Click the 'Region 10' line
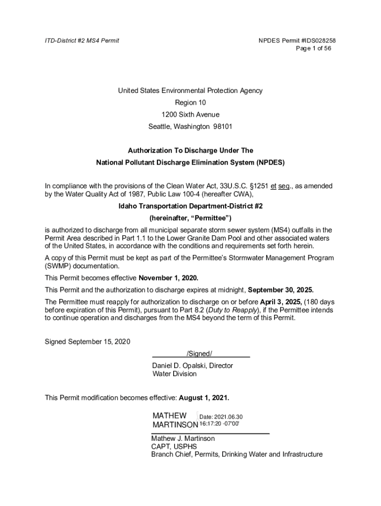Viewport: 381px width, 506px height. (190, 103)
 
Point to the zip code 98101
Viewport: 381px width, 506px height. (223, 126)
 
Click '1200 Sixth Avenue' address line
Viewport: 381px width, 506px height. (190, 115)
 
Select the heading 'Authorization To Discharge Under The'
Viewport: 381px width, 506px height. (190, 150)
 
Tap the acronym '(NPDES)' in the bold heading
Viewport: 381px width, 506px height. (271, 162)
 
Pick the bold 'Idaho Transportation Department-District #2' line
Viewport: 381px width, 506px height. (190, 206)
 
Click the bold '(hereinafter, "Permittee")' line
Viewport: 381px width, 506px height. (190, 218)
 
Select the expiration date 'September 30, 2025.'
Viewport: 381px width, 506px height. (281, 290)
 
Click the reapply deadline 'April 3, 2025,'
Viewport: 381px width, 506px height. (281, 301)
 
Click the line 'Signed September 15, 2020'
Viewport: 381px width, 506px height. (88, 342)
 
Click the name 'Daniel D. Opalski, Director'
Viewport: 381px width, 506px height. (192, 366)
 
